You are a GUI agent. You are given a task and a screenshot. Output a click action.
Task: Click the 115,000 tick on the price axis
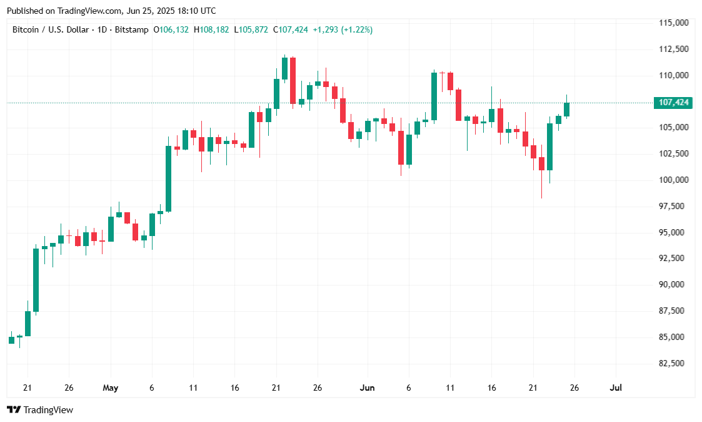pyautogui.click(x=674, y=23)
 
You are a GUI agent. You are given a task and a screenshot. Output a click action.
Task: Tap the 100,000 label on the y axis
pyautogui.click(x=674, y=180)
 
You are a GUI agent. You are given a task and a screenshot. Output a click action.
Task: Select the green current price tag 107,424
pyautogui.click(x=672, y=103)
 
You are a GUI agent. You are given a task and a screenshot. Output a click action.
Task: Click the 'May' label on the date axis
pyautogui.click(x=110, y=388)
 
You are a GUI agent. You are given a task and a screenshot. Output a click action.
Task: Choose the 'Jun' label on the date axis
pyautogui.click(x=368, y=388)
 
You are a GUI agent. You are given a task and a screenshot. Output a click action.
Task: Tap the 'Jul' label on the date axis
pyautogui.click(x=616, y=388)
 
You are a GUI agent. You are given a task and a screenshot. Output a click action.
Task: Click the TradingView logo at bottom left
pyautogui.click(x=40, y=410)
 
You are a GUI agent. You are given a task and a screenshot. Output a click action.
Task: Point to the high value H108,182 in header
pyautogui.click(x=211, y=29)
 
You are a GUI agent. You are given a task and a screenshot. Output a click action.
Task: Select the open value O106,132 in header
pyautogui.click(x=171, y=29)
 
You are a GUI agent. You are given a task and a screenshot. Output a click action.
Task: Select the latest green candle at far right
pyautogui.click(x=566, y=110)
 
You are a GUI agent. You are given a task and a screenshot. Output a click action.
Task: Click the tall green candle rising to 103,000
pyautogui.click(x=169, y=178)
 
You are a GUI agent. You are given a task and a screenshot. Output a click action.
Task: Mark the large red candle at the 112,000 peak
pyautogui.click(x=293, y=80)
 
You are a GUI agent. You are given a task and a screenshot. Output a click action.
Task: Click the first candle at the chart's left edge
pyautogui.click(x=11, y=340)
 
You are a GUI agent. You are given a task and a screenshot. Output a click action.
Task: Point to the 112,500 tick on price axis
pyautogui.click(x=674, y=49)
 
